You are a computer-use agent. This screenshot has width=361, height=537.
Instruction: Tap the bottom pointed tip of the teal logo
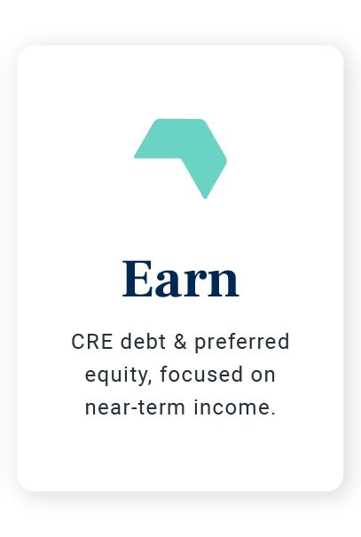[x=205, y=195]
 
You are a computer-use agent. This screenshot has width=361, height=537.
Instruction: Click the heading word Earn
[x=181, y=279]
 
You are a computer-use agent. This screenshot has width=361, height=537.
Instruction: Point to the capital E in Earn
[x=138, y=279]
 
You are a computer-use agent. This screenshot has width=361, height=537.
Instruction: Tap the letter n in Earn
[x=223, y=283]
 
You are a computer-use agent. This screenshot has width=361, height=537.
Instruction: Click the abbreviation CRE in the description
[x=87, y=343]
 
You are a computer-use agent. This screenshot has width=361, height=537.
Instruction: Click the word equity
[x=117, y=376]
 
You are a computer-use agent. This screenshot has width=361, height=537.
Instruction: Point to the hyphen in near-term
[x=126, y=410]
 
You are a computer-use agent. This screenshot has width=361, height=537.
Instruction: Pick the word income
[x=237, y=409]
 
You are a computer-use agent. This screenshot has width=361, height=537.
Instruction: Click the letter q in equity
[x=104, y=378]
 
